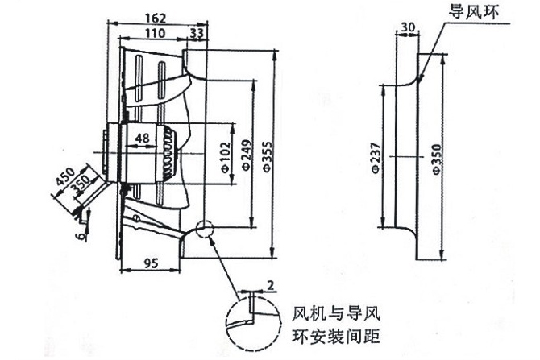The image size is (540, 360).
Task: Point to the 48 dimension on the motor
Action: click(143, 137)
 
